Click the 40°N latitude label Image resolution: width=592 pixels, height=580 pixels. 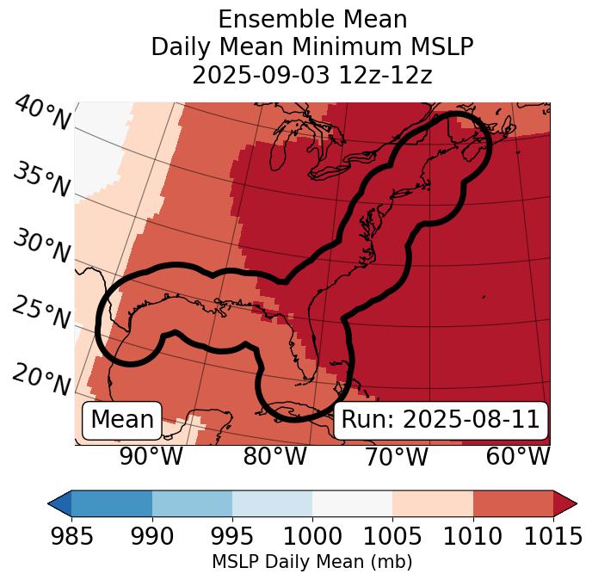point(42,114)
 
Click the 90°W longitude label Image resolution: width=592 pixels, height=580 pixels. point(151,456)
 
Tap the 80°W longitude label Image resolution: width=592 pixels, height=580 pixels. point(275,456)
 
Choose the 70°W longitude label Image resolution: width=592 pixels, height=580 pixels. point(396,456)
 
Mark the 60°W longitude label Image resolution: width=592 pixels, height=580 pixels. point(518,456)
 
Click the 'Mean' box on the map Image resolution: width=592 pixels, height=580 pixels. point(122,420)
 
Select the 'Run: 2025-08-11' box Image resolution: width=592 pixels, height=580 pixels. point(441,420)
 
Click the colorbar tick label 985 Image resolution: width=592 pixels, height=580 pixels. point(72,536)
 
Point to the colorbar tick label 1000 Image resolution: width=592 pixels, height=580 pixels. point(312,536)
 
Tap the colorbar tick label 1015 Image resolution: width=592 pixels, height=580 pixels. point(553,536)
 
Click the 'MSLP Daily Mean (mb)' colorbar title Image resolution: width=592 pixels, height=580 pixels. point(311,562)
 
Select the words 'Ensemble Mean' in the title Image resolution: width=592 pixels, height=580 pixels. point(311,19)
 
